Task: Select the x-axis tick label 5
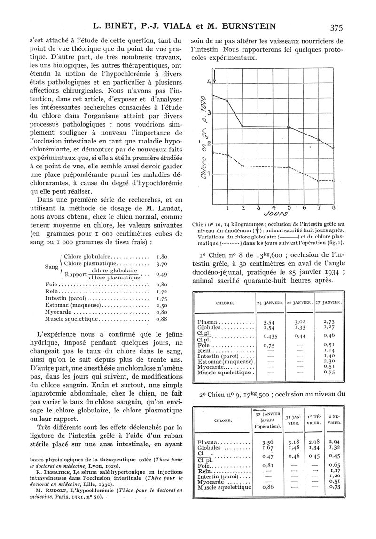point(289,207)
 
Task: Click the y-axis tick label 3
point(209,113)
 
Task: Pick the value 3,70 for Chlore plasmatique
point(162,264)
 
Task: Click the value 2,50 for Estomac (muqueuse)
point(162,305)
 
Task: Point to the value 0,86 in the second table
point(267,487)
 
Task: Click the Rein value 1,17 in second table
point(335,470)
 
